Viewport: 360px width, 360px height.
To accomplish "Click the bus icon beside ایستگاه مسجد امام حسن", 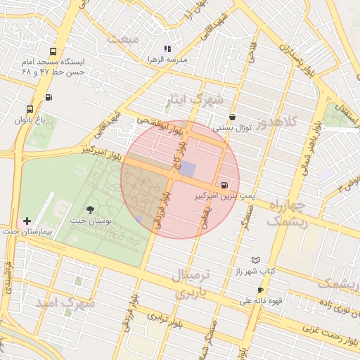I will tap(54, 51).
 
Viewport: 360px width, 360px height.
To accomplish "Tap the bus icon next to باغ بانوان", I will tap(29, 109).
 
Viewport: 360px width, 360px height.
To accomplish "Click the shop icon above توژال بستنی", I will tap(233, 117).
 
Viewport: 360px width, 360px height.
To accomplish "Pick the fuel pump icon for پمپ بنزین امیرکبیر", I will tap(224, 186).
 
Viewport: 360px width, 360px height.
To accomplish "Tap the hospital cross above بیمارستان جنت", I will tap(27, 221).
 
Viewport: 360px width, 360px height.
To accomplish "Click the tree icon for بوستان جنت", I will tap(89, 209).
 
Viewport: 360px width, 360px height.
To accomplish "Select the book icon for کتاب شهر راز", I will tap(255, 260).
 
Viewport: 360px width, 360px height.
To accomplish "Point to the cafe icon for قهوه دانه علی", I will tap(261, 290).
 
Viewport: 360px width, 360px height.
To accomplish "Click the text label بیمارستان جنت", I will tap(27, 231).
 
